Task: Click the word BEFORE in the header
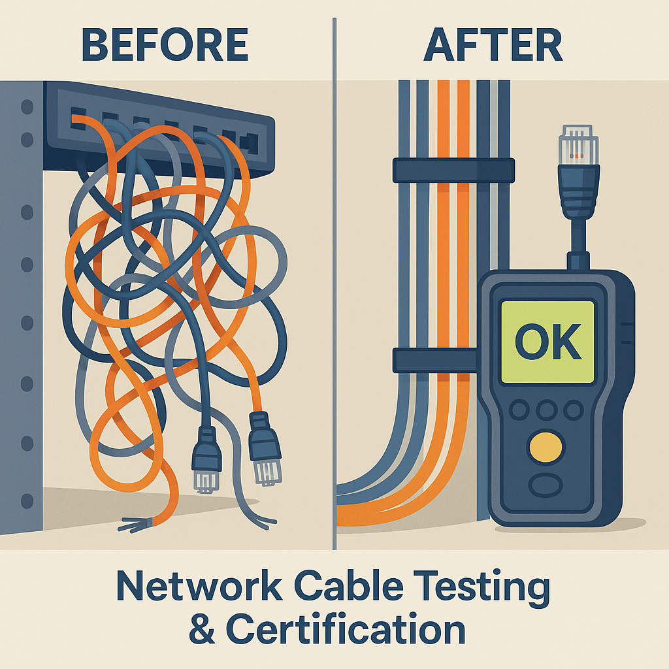tap(165, 45)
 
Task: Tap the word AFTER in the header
tap(493, 45)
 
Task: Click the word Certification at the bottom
tap(346, 629)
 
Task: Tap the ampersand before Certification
tap(203, 629)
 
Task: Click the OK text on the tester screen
tap(548, 341)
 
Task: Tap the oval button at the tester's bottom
tap(546, 485)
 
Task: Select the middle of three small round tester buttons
tap(547, 410)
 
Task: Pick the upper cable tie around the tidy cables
tap(453, 171)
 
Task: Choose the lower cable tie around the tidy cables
tap(435, 361)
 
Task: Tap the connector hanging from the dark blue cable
tap(206, 460)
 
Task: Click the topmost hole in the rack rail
tap(27, 106)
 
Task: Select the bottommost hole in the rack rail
tap(27, 501)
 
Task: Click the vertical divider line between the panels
tap(334, 284)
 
